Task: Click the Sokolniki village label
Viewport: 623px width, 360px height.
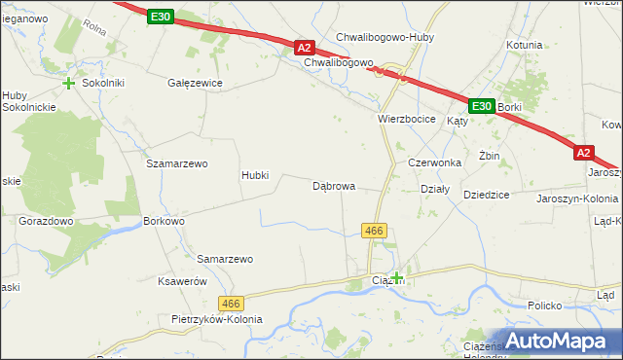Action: [x=103, y=84]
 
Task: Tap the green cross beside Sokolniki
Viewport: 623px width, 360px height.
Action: [x=69, y=84]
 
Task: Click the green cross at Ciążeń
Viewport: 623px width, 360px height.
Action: [x=397, y=278]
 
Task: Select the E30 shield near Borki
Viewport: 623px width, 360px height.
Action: [x=481, y=105]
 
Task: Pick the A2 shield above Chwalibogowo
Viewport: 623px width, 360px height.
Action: [x=304, y=47]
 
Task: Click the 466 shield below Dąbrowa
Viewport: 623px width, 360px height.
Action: [x=375, y=231]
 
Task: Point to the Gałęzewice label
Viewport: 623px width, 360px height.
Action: [x=196, y=84]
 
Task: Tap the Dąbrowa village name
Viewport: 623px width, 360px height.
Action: [x=333, y=185]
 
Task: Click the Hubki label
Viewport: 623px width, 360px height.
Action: [x=261, y=176]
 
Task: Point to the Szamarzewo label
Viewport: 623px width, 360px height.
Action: [x=177, y=163]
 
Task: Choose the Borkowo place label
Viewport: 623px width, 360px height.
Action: [x=164, y=222]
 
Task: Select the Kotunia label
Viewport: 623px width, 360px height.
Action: [x=524, y=45]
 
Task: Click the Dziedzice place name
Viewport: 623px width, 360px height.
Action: [x=487, y=195]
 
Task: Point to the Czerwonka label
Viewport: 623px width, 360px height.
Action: [x=434, y=162]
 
